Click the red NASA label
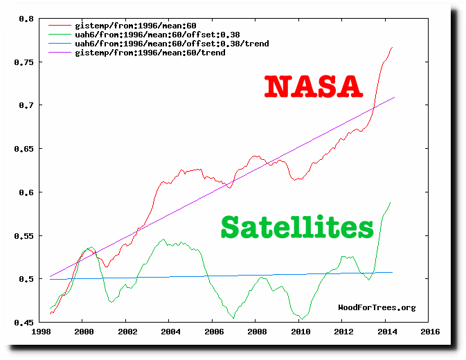tap(314, 86)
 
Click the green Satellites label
tap(297, 226)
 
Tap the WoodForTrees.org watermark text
tap(377, 307)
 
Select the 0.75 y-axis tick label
tap(25, 62)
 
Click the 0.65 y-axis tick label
tap(25, 149)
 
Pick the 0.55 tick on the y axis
tap(25, 236)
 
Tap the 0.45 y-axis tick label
tap(25, 323)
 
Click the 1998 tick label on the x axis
tap(39, 332)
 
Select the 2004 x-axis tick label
tap(169, 332)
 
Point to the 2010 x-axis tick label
tap(299, 332)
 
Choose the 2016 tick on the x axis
tap(429, 332)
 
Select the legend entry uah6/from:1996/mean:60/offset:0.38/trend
tap(172, 44)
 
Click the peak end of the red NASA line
tap(393, 47)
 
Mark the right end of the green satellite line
tap(391, 202)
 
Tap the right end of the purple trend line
tap(395, 98)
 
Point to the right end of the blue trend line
tap(393, 272)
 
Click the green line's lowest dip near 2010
tap(303, 318)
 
